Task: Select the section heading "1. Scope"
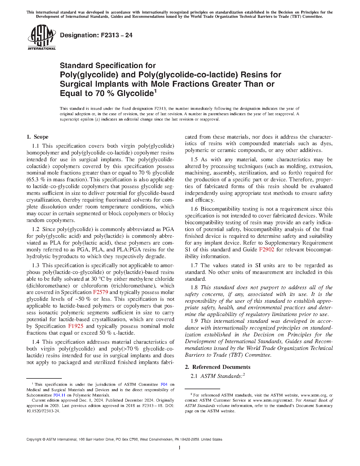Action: pos(37,137)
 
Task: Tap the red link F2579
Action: pos(101,292)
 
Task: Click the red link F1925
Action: pos(76,326)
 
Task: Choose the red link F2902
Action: pos(267,250)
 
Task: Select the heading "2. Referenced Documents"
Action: pos(217,367)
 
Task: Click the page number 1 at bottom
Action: pos(180,448)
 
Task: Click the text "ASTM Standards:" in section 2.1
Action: pos(221,376)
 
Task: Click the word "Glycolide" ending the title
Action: pos(135,93)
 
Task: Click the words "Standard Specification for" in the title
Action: pos(108,66)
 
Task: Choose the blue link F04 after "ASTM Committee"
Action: pos(164,384)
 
